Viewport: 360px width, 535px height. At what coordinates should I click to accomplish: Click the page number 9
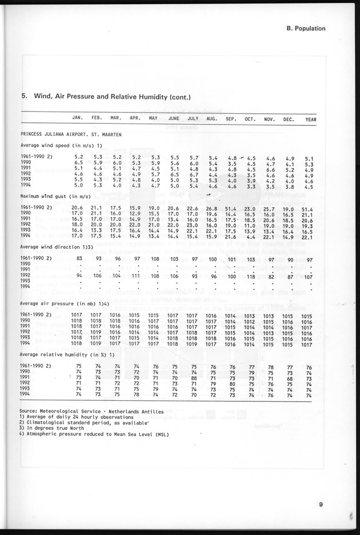(322, 504)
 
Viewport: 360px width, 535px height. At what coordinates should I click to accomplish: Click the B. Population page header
(305, 28)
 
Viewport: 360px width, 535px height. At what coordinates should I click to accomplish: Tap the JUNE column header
(174, 119)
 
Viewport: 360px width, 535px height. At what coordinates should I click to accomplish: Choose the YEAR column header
(310, 119)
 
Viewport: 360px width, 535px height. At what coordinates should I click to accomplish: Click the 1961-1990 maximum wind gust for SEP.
(231, 208)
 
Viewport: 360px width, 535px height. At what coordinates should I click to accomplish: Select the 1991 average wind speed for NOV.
(270, 168)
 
